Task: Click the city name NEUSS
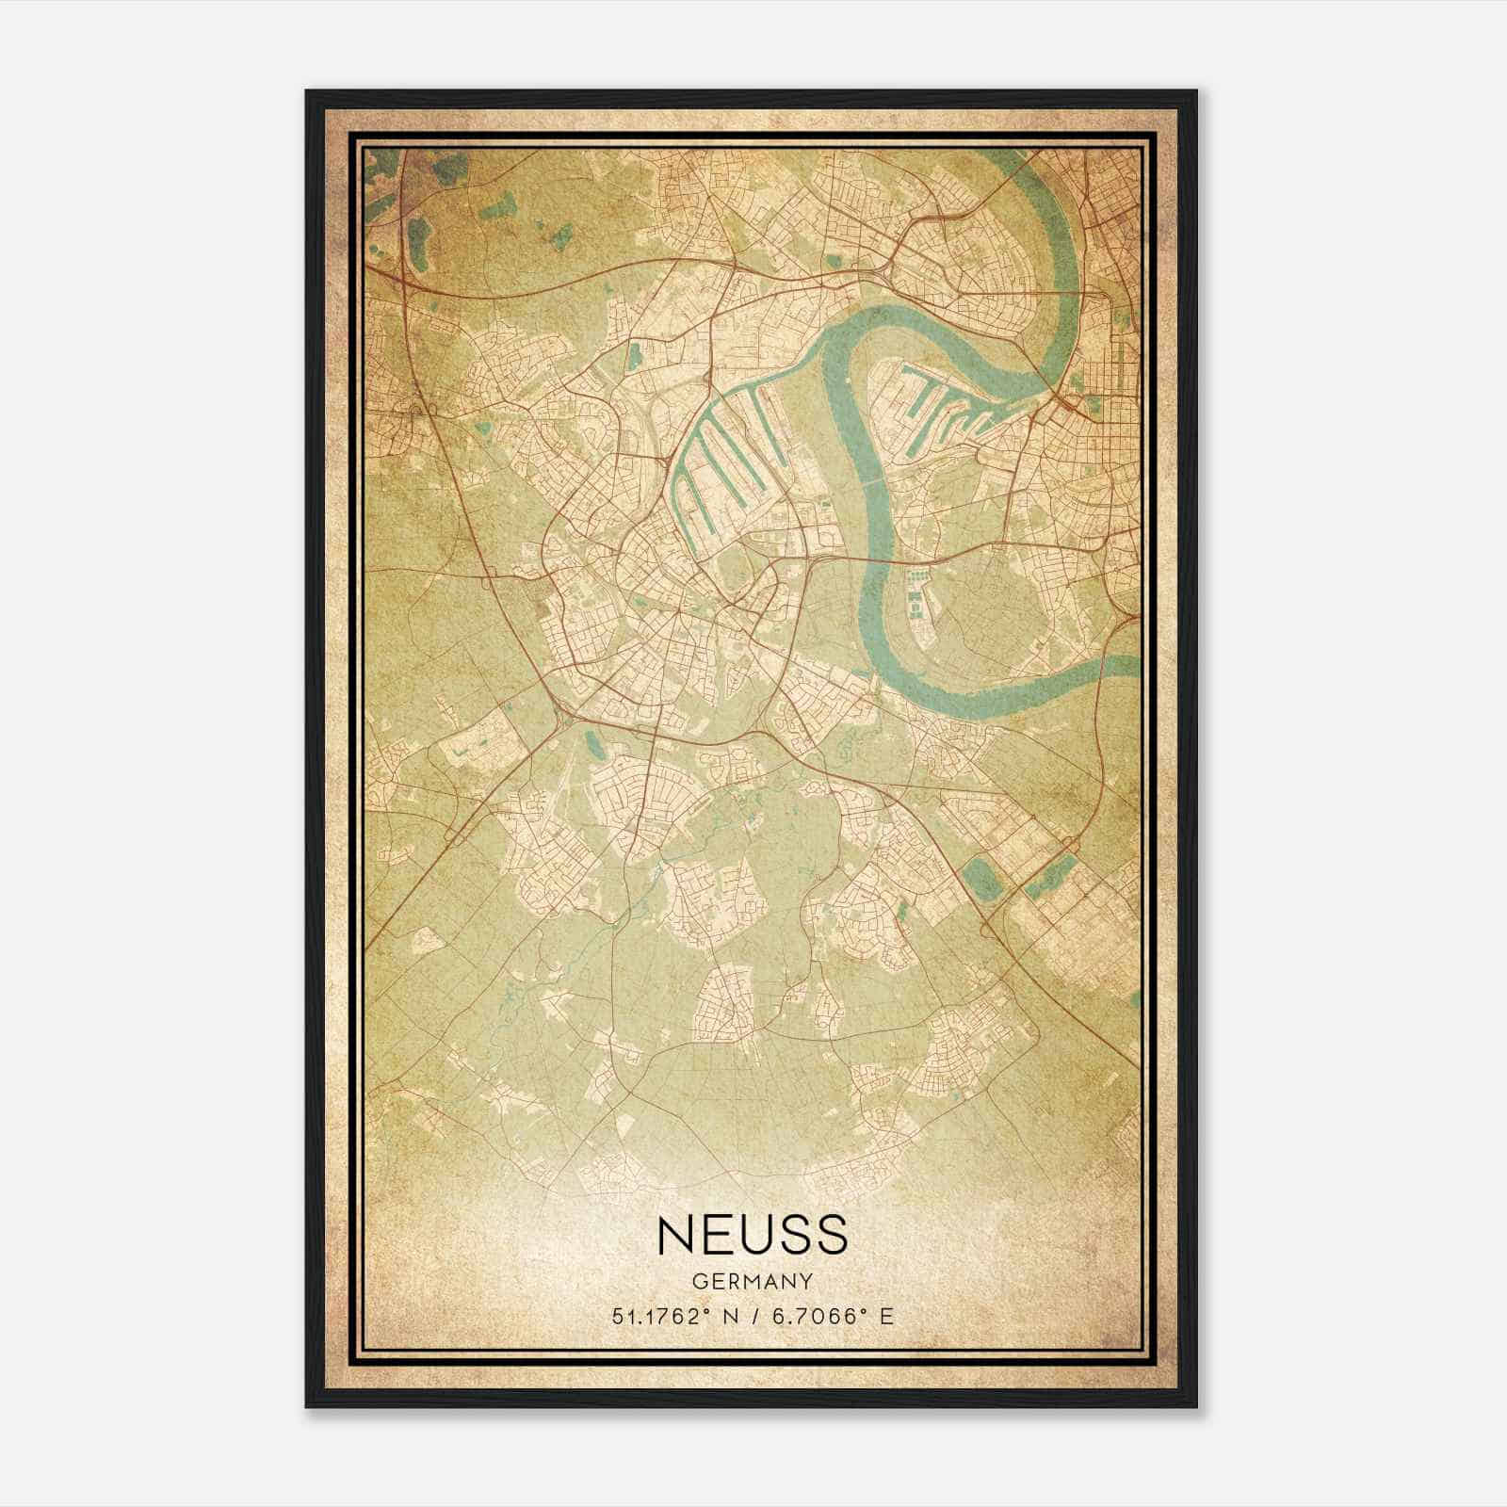752,1235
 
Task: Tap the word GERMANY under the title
752,1281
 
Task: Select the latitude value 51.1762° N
671,1317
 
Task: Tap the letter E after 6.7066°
885,1317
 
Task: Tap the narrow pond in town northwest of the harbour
634,356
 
